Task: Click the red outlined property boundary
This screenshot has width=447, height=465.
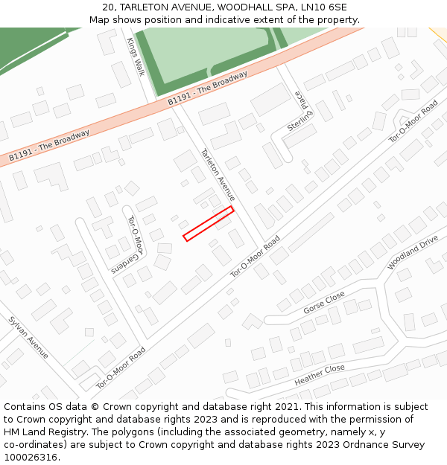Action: pos(209,223)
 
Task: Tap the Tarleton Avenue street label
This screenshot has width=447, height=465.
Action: pos(218,175)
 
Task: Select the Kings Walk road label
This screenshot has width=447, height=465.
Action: pos(135,57)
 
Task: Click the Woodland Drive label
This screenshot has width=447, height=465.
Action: pos(412,253)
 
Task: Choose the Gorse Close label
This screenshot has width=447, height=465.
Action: pos(324,303)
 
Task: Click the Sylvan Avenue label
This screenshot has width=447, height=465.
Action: pos(28,337)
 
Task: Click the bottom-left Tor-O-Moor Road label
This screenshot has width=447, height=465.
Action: pos(120,368)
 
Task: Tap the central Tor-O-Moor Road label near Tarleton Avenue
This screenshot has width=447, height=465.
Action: pos(255,257)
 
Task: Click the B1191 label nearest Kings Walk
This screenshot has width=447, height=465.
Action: pos(207,88)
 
